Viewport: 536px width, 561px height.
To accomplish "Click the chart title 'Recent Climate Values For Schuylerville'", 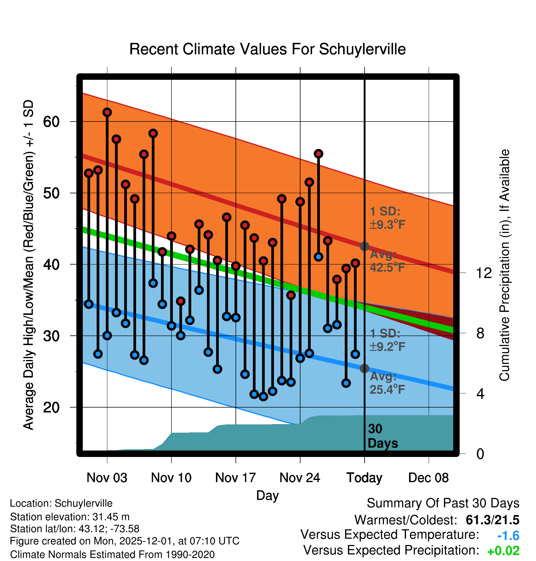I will coord(267,49).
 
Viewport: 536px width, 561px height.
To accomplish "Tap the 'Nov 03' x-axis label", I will coord(107,478).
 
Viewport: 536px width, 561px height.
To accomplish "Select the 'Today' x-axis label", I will coord(364,478).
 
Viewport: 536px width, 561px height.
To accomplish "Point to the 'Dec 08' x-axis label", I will coord(428,478).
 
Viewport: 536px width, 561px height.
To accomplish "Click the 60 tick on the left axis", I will coord(51,122).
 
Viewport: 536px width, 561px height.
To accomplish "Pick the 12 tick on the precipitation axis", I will coord(484,273).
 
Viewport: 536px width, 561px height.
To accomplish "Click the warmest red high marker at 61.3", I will coord(107,112).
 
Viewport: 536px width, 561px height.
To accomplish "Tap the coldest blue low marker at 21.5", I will coord(263,397).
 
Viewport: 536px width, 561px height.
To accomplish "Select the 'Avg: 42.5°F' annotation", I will coord(387,261).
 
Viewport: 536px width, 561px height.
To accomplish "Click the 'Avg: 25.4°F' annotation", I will coord(387,383).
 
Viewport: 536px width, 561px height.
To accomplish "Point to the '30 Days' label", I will coord(382,436).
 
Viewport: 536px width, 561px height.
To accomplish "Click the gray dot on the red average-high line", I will coord(364,246).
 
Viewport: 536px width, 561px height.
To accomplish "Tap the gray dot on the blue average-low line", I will coord(364,368).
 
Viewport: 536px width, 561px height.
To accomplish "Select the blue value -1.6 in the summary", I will coord(508,536).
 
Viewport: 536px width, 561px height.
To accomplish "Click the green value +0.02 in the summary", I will coord(503,551).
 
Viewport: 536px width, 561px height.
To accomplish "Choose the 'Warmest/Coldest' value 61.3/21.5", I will coord(492,520).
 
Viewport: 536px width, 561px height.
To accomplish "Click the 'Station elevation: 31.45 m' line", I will coord(70,517).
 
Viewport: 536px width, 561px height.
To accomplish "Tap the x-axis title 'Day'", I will coord(267,495).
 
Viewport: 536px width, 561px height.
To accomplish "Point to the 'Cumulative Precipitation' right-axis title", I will coord(504,265).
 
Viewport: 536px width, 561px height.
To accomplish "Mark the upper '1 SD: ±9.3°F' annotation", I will coord(387,218).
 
